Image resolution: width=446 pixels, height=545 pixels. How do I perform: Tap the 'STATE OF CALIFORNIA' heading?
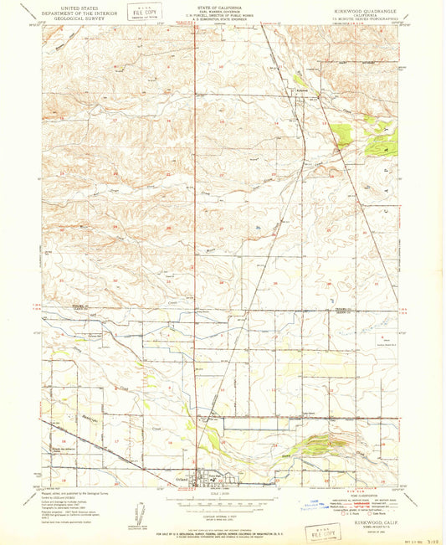pos(222,7)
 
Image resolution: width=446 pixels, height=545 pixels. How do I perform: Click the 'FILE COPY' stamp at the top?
pos(141,13)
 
